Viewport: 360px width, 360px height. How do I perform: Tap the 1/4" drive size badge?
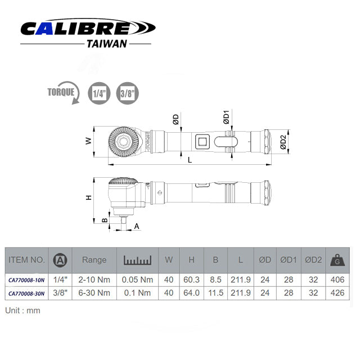pos(98,93)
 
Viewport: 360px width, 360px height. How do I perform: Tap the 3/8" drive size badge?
pos(127,93)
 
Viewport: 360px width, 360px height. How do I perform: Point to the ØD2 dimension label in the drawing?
pos(283,143)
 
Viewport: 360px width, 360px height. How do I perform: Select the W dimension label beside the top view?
pos(88,142)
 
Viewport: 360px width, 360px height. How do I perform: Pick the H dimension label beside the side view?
pos(88,198)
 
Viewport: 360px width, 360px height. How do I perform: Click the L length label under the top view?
pos(190,160)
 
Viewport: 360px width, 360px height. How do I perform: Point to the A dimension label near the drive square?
pos(136,226)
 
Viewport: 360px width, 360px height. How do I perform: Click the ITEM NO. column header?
pos(26,260)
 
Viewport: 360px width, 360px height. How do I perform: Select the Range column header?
pos(94,260)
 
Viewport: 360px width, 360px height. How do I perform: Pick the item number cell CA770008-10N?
pos(26,278)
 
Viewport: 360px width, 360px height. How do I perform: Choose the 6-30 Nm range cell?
pos(94,293)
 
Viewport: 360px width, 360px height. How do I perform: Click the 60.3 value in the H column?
pos(191,278)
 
